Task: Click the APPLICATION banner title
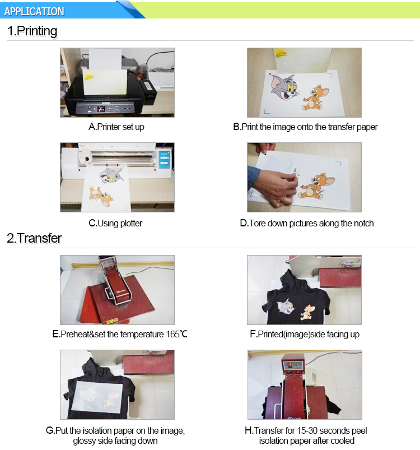[x=34, y=11]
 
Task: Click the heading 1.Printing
[x=32, y=31]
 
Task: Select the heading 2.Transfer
[x=34, y=238]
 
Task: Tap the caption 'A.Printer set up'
[x=116, y=127]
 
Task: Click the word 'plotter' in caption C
[x=131, y=223]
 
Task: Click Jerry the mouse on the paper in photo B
[x=315, y=98]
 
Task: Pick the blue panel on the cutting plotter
[x=164, y=159]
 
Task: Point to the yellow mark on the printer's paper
[x=89, y=77]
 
